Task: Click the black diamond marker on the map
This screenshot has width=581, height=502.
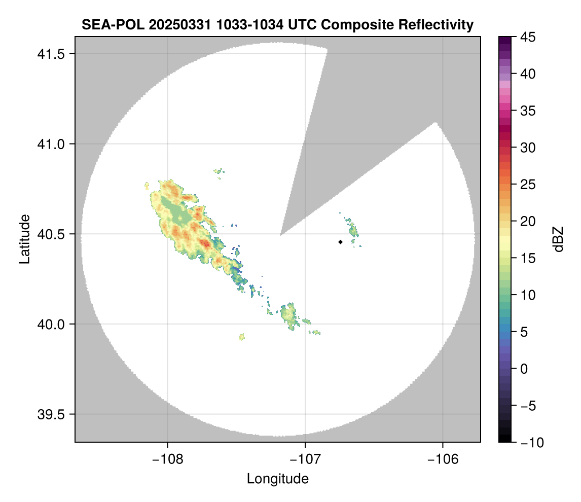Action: [x=340, y=242]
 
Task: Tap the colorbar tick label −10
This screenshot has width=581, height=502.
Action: [x=530, y=443]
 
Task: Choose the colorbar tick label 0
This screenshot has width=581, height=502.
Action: [x=525, y=369]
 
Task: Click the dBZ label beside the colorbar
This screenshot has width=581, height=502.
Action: [x=558, y=239]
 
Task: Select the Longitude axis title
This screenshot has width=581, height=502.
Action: [x=278, y=478]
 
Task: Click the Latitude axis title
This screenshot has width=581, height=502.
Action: [x=24, y=238]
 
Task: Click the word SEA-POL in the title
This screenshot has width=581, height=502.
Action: [x=108, y=24]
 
